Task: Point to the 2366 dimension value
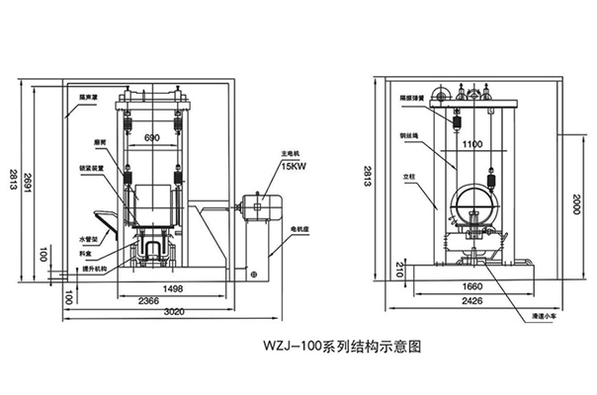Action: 150,301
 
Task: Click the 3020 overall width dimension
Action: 150,314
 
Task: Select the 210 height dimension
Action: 400,268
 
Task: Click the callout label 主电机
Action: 291,153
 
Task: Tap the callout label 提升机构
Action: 94,268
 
